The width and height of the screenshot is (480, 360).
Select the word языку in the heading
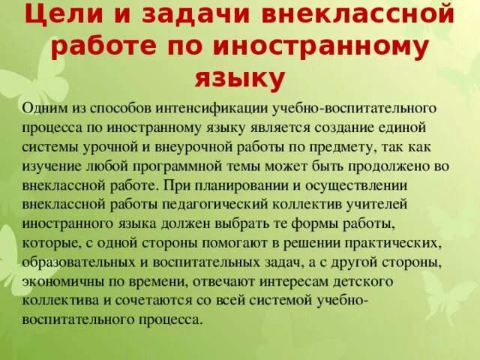click(239, 78)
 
